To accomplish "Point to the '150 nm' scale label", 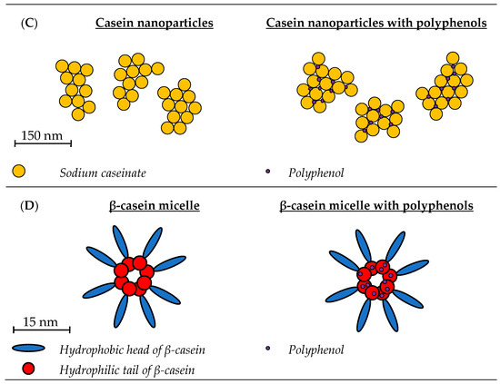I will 42,133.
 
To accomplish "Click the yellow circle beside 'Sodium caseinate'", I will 19,170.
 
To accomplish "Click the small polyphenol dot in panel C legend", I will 267,170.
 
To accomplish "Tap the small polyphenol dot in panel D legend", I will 267,348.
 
